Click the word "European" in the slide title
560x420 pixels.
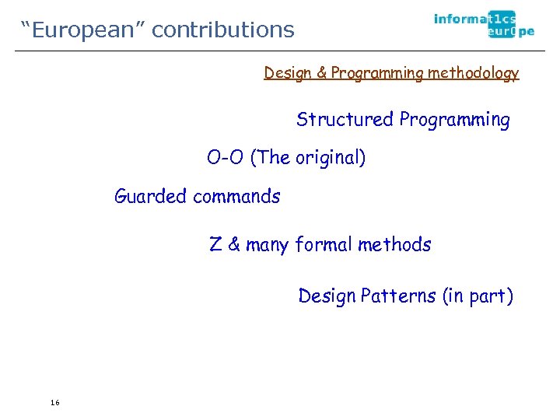tap(83, 30)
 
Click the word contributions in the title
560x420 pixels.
tap(223, 30)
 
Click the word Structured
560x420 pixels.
tap(345, 120)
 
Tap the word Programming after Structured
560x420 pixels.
tap(455, 120)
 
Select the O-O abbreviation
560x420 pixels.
tap(226, 158)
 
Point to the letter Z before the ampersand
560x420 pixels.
tap(215, 245)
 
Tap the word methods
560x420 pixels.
tap(394, 245)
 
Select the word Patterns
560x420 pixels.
tap(397, 296)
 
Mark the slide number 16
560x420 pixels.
tap(54, 402)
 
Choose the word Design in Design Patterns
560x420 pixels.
tap(326, 296)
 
